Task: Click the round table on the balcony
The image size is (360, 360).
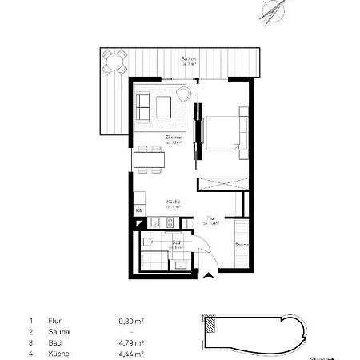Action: [x=114, y=61]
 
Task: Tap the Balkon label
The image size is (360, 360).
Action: [x=189, y=60]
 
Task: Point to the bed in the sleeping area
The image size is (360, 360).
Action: [x=225, y=134]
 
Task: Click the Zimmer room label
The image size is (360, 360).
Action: [x=174, y=138]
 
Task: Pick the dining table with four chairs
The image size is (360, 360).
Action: [x=150, y=159]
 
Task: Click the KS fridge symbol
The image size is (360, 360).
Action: [x=138, y=210]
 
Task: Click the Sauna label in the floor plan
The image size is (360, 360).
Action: [x=242, y=245]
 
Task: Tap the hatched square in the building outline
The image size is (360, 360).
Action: [x=210, y=324]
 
